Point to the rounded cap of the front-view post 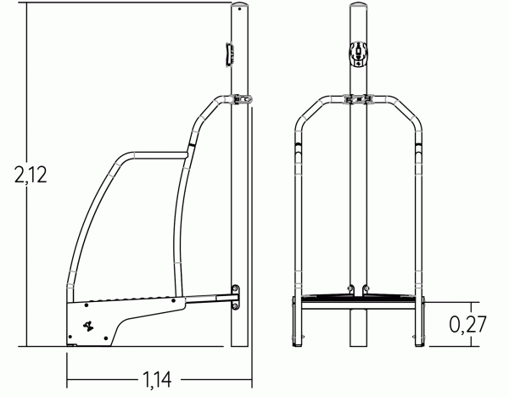point(359,8)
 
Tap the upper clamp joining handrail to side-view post point(243,99)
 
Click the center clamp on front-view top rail point(359,99)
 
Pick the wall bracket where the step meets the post point(237,296)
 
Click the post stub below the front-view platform point(359,327)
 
